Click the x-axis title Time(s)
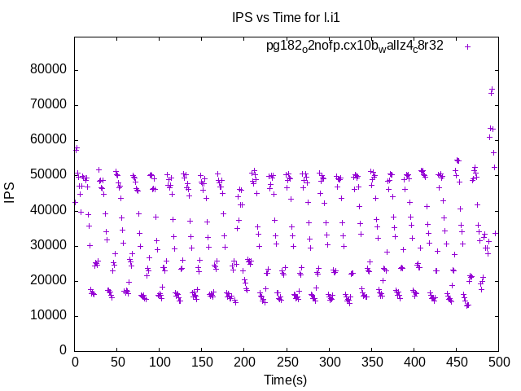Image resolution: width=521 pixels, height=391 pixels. pos(285,380)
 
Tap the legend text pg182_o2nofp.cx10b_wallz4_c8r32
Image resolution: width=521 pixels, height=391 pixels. pos(354,46)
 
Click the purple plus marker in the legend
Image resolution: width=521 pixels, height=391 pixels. pos(467,46)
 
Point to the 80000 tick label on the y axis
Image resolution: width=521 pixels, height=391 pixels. pos(48,70)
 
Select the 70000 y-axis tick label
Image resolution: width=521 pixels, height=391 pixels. pos(48,105)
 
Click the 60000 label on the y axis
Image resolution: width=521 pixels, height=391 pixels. pos(48,140)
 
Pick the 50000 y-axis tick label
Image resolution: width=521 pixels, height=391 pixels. pos(48,175)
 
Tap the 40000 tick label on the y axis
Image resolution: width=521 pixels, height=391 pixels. pos(48,210)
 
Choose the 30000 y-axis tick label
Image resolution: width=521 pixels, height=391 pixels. pos(48,245)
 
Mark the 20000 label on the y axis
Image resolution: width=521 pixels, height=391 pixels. pos(48,280)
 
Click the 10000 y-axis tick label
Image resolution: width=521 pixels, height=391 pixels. pos(48,315)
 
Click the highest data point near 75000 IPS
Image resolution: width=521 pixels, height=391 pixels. pos(492,89)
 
